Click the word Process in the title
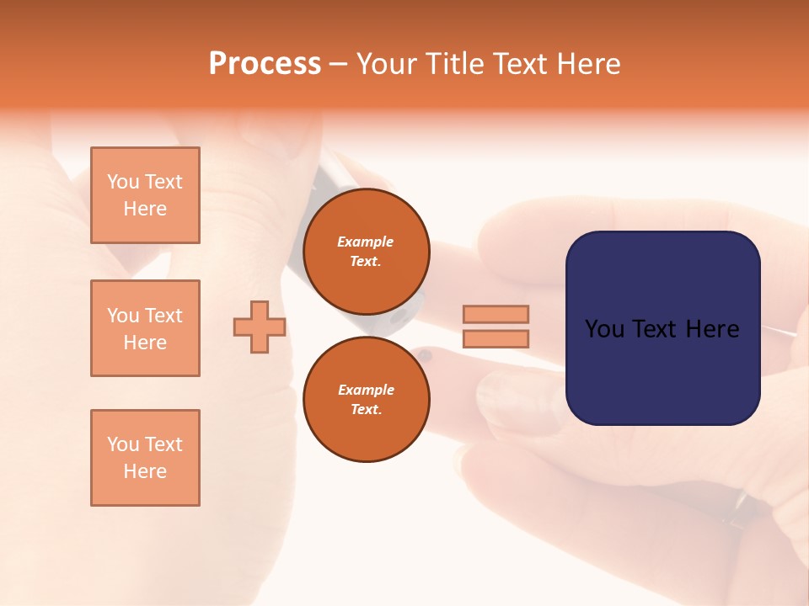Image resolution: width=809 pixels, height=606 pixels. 265,64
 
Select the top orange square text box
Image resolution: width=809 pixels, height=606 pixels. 145,195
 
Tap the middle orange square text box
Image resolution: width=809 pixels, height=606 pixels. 145,328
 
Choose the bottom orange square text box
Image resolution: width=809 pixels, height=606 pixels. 145,458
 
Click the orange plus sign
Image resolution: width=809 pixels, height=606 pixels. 260,327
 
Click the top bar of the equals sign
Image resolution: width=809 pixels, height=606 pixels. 496,314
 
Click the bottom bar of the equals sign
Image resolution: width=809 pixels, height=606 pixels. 496,339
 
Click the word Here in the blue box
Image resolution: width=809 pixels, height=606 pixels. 713,329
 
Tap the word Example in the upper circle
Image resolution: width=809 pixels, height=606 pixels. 366,242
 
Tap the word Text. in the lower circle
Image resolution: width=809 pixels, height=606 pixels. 366,409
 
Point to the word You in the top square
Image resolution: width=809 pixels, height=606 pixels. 123,182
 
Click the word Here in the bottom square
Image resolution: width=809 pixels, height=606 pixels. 145,471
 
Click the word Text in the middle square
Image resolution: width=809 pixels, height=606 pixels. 163,316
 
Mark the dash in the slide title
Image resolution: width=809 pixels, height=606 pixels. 338,64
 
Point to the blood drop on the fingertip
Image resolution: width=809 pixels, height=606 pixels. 426,356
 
